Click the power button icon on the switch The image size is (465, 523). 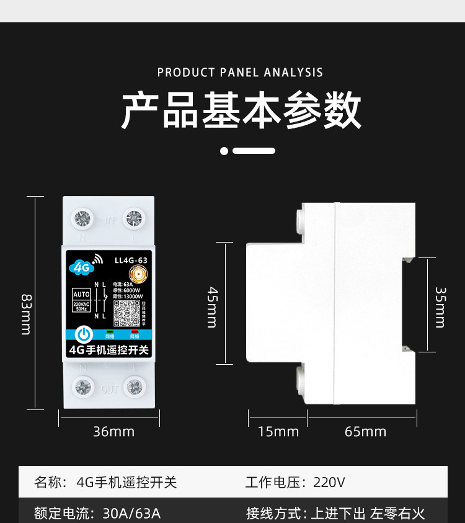click(84, 334)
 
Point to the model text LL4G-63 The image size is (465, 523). click(131, 261)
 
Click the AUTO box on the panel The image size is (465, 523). click(82, 294)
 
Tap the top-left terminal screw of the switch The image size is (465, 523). click(82, 218)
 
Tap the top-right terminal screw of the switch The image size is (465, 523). click(133, 218)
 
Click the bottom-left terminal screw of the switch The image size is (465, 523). click(82, 387)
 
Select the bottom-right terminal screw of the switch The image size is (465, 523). click(133, 387)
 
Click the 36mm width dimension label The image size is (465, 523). click(113, 431)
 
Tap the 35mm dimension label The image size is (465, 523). click(440, 306)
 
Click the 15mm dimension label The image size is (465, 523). click(278, 431)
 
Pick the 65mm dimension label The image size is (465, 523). click(365, 431)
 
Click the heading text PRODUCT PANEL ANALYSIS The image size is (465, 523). click(240, 73)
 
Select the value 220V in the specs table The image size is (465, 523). click(329, 482)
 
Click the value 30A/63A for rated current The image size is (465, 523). click(131, 513)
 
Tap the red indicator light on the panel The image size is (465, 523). click(135, 332)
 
